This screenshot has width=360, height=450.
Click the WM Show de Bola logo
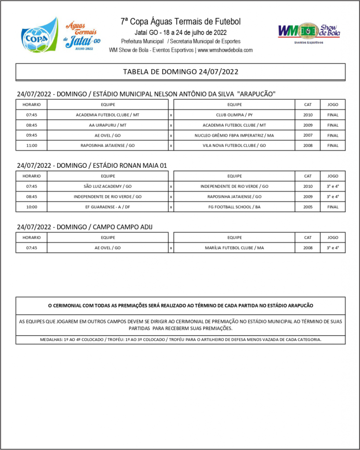click(309, 32)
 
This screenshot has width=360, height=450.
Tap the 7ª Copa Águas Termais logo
click(59, 35)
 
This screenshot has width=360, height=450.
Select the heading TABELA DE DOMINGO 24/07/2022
click(180, 72)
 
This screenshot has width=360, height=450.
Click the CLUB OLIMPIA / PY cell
click(234, 115)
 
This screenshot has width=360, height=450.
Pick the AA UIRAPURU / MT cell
click(108, 125)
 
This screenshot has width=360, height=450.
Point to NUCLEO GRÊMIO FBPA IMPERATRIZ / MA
click(234, 135)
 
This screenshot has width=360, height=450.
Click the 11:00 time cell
click(31, 145)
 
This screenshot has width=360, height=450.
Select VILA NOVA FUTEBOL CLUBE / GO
click(234, 145)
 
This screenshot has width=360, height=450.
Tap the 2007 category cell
click(308, 135)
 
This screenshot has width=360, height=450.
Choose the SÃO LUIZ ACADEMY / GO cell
click(108, 186)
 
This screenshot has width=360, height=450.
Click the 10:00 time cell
click(31, 207)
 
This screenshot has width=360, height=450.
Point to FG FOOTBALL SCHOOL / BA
click(234, 207)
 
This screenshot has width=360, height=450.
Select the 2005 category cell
click(308, 207)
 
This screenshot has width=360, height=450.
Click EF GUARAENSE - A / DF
click(108, 207)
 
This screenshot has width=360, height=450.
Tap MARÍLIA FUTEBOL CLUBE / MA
click(234, 248)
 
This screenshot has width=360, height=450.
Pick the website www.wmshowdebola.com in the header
click(225, 50)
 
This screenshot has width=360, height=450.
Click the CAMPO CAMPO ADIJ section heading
click(85, 227)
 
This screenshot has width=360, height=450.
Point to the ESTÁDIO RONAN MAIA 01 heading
click(92, 165)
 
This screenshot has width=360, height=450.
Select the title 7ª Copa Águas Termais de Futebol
click(180, 22)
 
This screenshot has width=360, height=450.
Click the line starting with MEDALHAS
click(180, 340)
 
